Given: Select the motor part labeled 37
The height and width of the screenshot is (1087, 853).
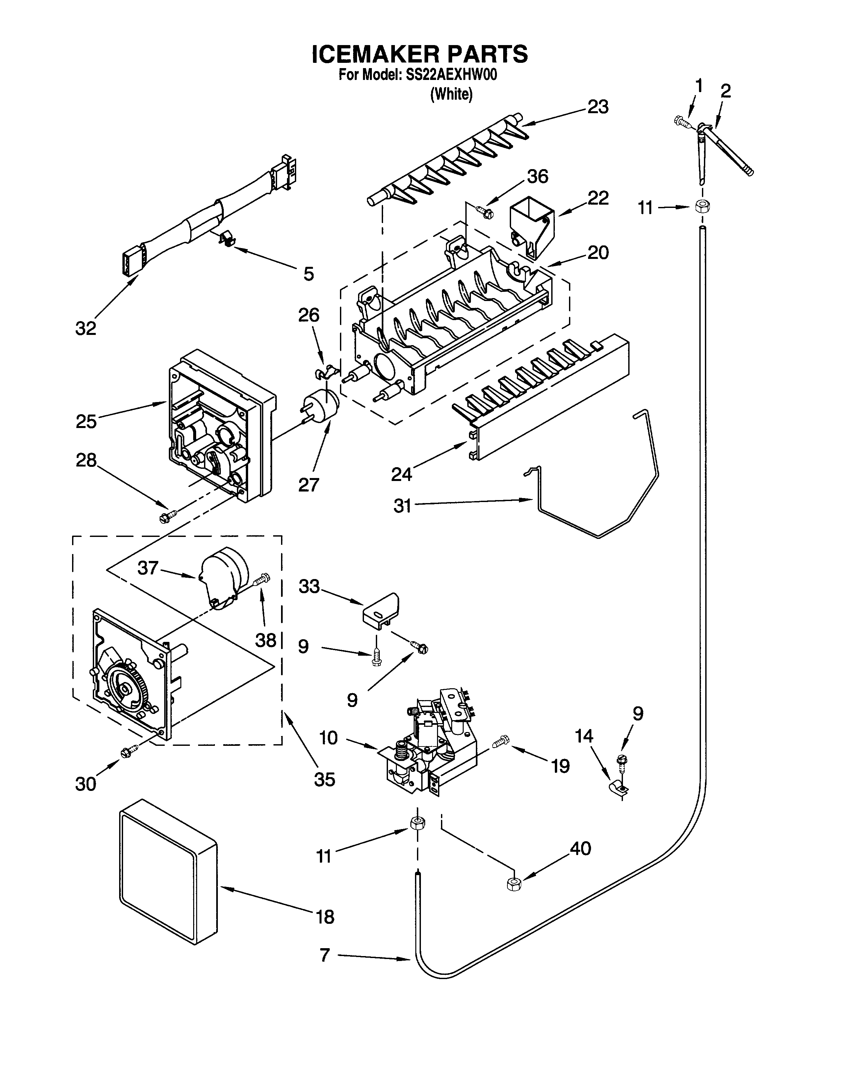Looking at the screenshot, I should pos(225,577).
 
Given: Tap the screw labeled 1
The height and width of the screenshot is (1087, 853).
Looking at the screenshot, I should pos(681,121).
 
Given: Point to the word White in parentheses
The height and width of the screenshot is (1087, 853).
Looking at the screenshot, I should pos(451,94).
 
